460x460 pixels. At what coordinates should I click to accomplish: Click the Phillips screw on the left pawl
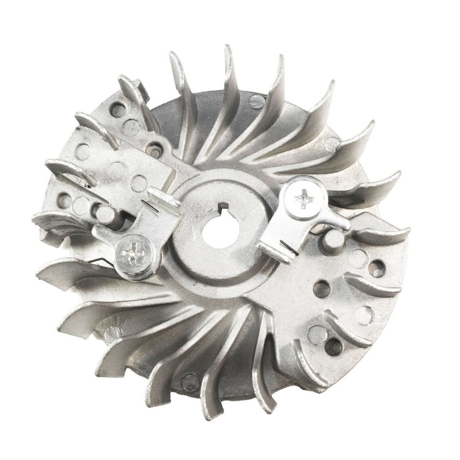tap(133, 253)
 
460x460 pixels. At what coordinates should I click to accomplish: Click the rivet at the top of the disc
tap(257, 101)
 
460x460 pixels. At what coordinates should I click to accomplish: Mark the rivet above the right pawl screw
tap(332, 143)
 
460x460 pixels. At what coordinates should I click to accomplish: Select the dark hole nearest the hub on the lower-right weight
tap(321, 289)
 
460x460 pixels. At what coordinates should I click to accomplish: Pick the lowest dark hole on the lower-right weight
tap(333, 345)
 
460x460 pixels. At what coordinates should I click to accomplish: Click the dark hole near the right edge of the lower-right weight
tap(377, 268)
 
